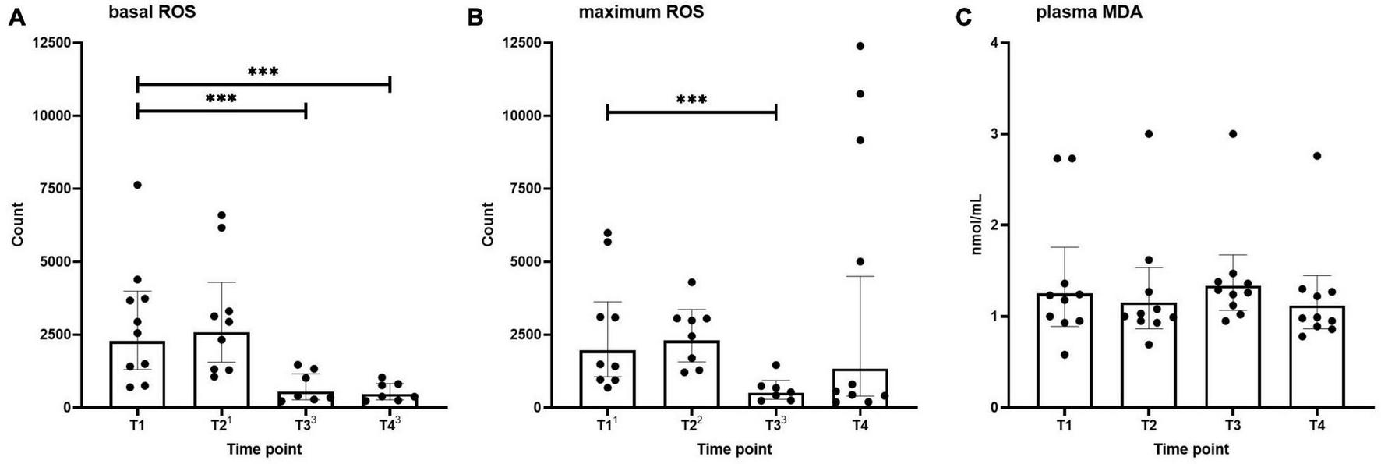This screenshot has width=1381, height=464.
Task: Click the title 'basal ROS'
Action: click(151, 12)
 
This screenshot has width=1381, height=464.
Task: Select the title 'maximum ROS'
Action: click(641, 12)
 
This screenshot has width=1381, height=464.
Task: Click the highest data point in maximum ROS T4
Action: click(860, 46)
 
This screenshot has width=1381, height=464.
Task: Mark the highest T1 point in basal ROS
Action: click(137, 185)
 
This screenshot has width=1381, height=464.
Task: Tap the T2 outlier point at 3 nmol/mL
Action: click(1149, 134)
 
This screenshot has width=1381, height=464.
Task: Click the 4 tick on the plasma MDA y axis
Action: click(993, 42)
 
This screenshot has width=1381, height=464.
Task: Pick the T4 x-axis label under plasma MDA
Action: click(1316, 426)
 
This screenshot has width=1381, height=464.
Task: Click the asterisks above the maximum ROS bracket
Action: click(691, 100)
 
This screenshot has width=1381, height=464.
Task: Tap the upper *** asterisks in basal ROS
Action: click(263, 73)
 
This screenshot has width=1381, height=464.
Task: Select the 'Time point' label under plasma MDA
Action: click(1191, 449)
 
